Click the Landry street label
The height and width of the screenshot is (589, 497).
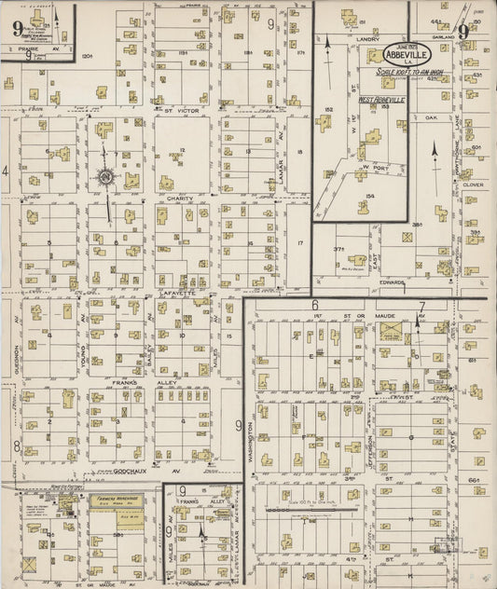pos(367,39)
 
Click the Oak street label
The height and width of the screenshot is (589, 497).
pos(430,118)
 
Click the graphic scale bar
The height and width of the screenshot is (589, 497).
pos(311,511)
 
